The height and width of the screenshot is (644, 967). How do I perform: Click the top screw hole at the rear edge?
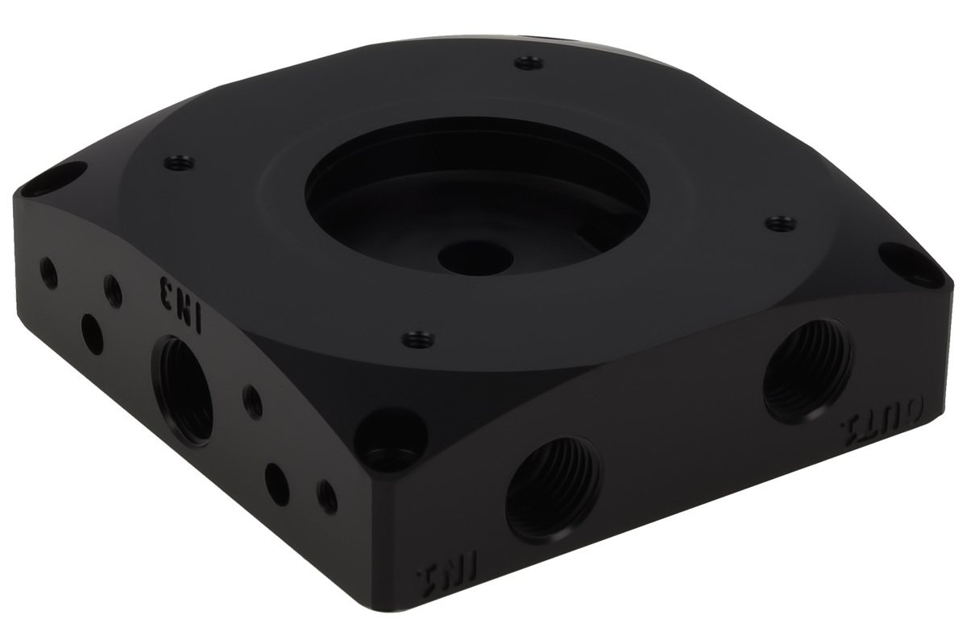[528, 62]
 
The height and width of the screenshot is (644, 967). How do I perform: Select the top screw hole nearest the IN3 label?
[179, 163]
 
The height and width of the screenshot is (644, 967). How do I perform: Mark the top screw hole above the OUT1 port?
[778, 223]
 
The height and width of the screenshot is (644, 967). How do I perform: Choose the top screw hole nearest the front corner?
[418, 339]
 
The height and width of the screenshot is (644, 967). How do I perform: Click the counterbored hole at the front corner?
[392, 438]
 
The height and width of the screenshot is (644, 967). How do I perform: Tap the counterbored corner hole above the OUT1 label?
[908, 264]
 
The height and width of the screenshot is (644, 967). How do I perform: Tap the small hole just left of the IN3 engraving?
[113, 291]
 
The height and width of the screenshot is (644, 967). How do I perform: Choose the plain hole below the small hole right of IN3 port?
[276, 483]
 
